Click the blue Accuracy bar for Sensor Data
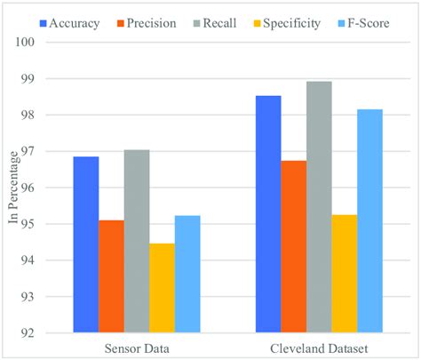point(86,244)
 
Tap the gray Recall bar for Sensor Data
point(137,241)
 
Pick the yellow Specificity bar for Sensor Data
point(163,288)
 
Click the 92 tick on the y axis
point(48,333)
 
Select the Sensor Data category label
point(137,348)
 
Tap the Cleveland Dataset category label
point(319,348)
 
